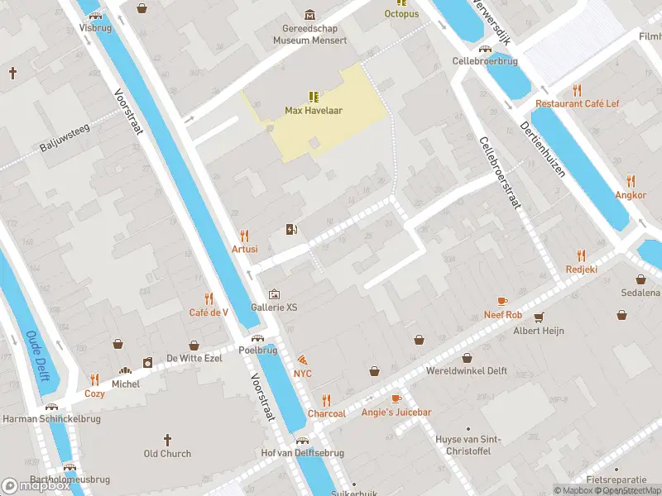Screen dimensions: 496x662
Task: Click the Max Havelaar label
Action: click(314, 110)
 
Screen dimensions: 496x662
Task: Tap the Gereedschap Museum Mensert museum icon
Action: click(310, 15)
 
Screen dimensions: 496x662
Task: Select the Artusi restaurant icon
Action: click(244, 236)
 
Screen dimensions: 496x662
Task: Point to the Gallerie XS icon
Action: click(274, 294)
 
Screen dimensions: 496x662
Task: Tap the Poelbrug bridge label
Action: click(257, 350)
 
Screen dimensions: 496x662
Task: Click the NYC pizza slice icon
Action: click(303, 360)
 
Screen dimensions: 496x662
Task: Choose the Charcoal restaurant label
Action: click(326, 413)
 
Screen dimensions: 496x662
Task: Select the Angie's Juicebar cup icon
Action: click(396, 399)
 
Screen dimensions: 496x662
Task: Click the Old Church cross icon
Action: click(167, 440)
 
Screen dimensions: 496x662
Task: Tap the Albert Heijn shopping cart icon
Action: click(539, 317)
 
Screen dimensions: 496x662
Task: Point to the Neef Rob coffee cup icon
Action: click(502, 301)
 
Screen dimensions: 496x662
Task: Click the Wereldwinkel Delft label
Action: click(467, 370)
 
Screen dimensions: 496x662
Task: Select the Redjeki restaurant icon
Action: click(581, 255)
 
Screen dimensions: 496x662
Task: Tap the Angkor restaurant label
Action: click(631, 194)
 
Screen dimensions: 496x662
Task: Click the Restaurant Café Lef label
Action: click(577, 103)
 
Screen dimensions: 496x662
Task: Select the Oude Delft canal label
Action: click(37, 355)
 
